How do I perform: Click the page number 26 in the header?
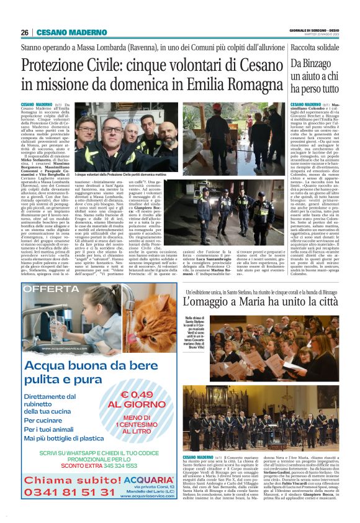(25, 32)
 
